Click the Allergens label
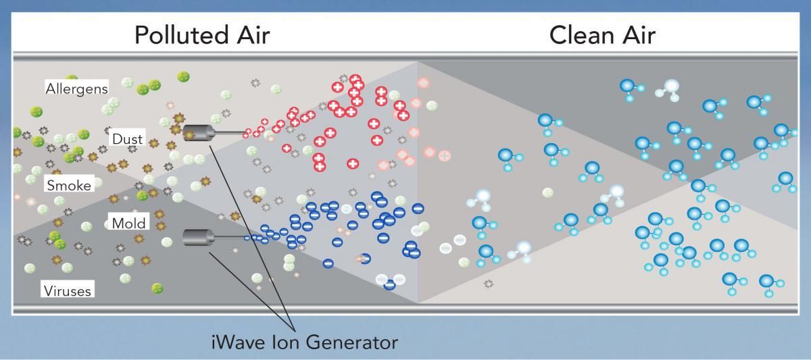tap(76, 88)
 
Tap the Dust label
tap(128, 138)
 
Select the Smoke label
tap(68, 185)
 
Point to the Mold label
tap(128, 224)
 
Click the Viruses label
tap(68, 291)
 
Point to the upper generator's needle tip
tap(247, 132)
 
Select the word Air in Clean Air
tap(636, 35)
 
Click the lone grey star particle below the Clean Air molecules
tap(489, 284)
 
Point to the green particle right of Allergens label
tap(127, 84)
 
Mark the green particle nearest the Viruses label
tap(157, 288)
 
